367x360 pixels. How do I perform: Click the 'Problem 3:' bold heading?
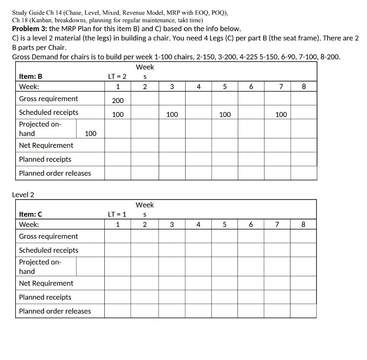pos(30,29)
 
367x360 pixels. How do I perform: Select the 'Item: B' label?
pos(30,76)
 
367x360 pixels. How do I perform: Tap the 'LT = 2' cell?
pos(117,76)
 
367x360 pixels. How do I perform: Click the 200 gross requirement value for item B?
pos(118,101)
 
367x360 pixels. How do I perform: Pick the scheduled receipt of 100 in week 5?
pos(225,115)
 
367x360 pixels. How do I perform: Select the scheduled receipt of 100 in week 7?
pos(281,115)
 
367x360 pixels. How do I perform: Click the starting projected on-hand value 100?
pos(90,134)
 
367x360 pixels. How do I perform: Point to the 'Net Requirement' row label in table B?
pos(46,145)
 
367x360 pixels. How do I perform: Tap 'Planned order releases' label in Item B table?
pos(55,173)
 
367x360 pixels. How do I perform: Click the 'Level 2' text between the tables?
pos(23,195)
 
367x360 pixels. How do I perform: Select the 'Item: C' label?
pos(30,214)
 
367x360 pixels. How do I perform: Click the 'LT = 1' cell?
pos(117,214)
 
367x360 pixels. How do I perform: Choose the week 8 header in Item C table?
pos(303,225)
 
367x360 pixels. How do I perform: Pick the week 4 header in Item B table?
pos(199,87)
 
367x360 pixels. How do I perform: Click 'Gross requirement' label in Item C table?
pos(48,236)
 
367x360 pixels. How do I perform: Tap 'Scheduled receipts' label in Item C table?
pos(48,250)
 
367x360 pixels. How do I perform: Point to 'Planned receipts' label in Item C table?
pos(45,297)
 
